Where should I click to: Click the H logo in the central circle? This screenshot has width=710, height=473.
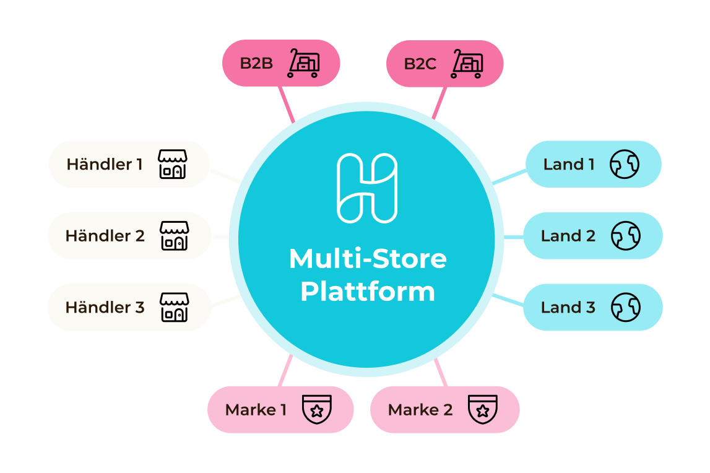point(367,188)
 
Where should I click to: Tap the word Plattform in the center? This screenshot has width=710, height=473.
point(368,292)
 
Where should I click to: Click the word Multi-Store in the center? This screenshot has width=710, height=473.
point(368,259)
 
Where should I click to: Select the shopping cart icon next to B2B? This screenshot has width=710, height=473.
point(303,63)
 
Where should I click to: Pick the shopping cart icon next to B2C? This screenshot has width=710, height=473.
point(467,64)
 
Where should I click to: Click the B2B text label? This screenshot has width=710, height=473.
point(256,63)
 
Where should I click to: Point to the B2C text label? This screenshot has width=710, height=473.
point(420,64)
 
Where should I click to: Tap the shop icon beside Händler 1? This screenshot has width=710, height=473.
point(172,164)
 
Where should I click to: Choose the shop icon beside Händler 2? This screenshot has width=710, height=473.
point(174,236)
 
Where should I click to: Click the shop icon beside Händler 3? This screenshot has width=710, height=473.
point(174,307)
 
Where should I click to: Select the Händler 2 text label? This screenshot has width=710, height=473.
point(105,236)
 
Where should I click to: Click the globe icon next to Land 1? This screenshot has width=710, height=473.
point(624,164)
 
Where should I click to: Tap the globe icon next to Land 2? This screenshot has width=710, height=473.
point(625,236)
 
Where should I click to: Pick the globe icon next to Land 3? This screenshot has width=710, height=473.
point(625,307)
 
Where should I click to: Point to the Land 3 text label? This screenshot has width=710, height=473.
point(568,307)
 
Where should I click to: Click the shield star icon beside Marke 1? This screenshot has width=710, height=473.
point(316,409)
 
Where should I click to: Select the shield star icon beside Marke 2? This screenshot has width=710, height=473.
point(483,409)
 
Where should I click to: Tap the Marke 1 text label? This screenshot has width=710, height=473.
point(256,410)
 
